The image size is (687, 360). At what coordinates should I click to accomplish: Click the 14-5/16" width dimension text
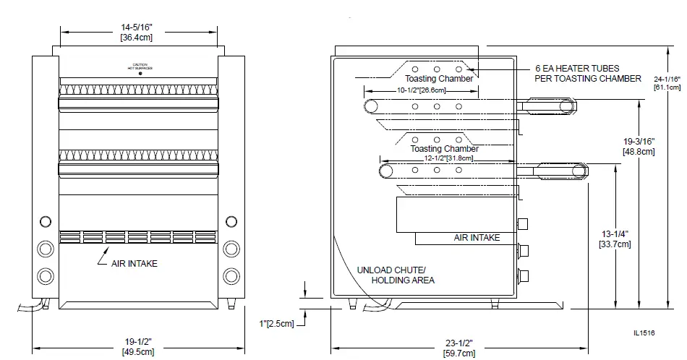pyautogui.click(x=136, y=31)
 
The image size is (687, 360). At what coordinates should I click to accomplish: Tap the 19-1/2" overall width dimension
pyautogui.click(x=137, y=347)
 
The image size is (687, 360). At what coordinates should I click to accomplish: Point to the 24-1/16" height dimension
pyautogui.click(x=667, y=82)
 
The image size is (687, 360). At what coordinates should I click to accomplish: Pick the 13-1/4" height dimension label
pyautogui.click(x=615, y=239)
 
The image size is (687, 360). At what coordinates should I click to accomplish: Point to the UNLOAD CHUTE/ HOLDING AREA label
pyautogui.click(x=396, y=275)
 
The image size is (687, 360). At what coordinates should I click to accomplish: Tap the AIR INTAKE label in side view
pyautogui.click(x=477, y=237)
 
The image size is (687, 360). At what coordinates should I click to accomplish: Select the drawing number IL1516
pyautogui.click(x=644, y=333)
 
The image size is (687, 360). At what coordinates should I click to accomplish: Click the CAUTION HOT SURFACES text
pyautogui.click(x=139, y=67)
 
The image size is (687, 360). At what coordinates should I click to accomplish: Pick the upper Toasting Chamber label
pyautogui.click(x=439, y=78)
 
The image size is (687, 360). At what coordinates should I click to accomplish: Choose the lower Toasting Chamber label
pyautogui.click(x=444, y=149)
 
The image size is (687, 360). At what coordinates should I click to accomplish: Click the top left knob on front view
pyautogui.click(x=45, y=221)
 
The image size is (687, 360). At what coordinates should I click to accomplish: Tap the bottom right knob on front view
pyautogui.click(x=231, y=275)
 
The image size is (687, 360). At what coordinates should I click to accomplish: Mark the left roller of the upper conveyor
pyautogui.click(x=371, y=107)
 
